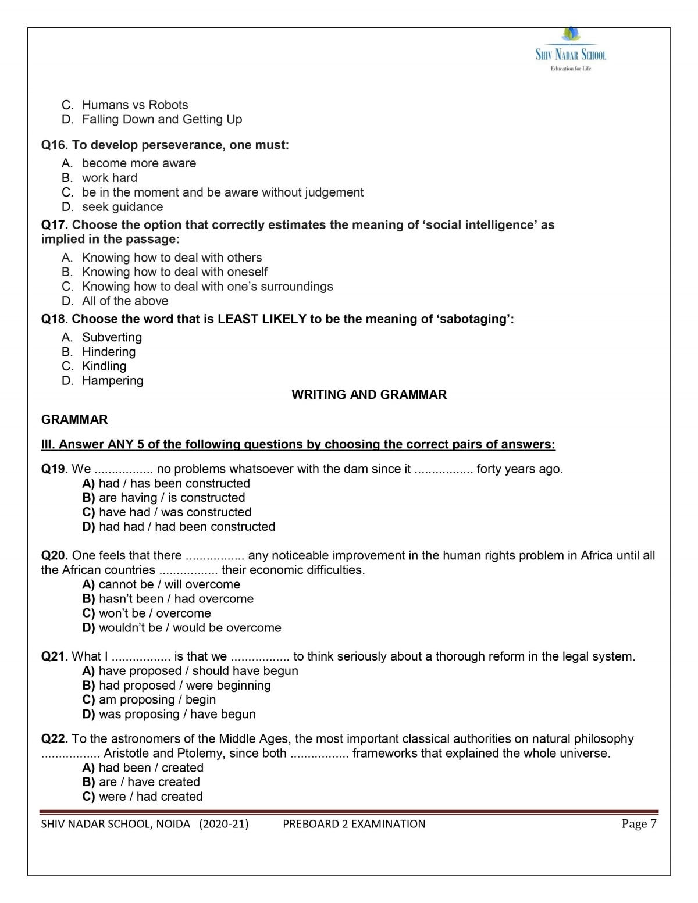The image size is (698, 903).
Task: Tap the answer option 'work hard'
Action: pyautogui.click(x=109, y=178)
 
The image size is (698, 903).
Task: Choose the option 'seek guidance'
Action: pyautogui.click(x=122, y=207)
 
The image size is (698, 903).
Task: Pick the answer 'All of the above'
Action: pyautogui.click(x=125, y=301)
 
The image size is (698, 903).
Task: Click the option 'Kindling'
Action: pyautogui.click(x=104, y=366)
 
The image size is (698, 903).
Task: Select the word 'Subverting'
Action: pyautogui.click(x=112, y=337)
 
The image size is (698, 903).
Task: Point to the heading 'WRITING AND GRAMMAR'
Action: pyautogui.click(x=369, y=395)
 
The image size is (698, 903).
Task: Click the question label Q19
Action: pyautogui.click(x=55, y=469)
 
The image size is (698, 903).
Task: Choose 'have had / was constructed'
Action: pyautogui.click(x=174, y=512)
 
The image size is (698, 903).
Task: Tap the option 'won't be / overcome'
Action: pyautogui.click(x=155, y=613)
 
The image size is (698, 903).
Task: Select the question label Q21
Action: pyautogui.click(x=55, y=656)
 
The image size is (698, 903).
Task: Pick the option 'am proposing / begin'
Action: pyautogui.click(x=157, y=700)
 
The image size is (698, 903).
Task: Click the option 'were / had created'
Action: pyautogui.click(x=151, y=797)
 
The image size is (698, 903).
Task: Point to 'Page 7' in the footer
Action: pyautogui.click(x=639, y=824)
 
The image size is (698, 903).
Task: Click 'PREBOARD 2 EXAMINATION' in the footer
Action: pyautogui.click(x=354, y=824)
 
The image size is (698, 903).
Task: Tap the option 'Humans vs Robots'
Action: pyautogui.click(x=135, y=105)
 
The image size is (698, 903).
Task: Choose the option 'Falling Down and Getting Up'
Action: pyautogui.click(x=162, y=120)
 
